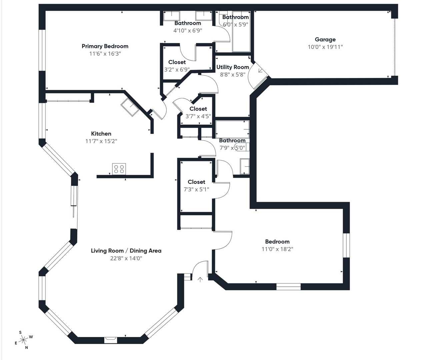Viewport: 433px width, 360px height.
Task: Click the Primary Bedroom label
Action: [x=105, y=46]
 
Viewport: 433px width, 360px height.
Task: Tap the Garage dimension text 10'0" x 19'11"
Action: [x=325, y=47]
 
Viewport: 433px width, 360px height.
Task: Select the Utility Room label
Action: [x=233, y=67]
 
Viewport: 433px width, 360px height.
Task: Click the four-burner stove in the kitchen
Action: [x=119, y=169]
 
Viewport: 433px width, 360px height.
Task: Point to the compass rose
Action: [x=23, y=340]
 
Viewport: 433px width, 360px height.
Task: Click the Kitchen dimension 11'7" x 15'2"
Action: [x=101, y=141]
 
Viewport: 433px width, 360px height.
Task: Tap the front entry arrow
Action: [x=200, y=280]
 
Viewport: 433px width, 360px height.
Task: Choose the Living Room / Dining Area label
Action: [x=126, y=251]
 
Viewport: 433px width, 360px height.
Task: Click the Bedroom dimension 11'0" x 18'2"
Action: [x=277, y=249]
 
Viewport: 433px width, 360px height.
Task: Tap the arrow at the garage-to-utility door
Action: [x=260, y=71]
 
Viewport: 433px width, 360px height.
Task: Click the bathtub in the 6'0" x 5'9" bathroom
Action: [x=241, y=31]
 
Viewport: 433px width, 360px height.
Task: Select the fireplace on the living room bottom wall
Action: [x=111, y=340]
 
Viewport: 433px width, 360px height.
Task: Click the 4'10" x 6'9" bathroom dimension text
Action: [x=188, y=31]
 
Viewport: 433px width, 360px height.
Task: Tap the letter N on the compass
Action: [x=27, y=348]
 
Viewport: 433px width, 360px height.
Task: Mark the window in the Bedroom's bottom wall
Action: [x=288, y=287]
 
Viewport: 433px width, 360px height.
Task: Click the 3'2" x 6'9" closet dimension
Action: [x=177, y=70]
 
